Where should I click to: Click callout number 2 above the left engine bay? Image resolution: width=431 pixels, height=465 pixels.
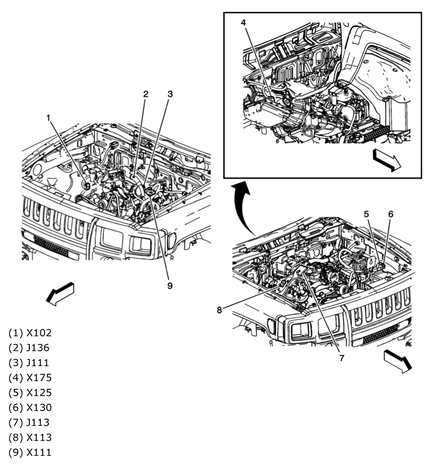pos(146,94)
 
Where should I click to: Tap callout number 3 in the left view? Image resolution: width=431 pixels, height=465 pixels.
pos(169,94)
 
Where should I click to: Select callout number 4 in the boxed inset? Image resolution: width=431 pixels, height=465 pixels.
pos(243,22)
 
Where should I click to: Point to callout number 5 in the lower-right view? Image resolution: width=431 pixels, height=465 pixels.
pos(366,214)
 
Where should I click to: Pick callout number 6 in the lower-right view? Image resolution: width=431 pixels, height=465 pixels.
pos(390,214)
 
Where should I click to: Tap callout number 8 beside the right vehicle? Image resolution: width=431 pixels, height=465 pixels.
pos(219,310)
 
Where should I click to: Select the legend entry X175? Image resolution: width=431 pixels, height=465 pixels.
pos(30,377)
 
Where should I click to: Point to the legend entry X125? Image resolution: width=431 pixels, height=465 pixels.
pos(30,393)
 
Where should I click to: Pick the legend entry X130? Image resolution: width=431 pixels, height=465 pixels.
pos(30,408)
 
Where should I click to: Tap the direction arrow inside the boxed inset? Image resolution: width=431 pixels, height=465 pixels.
pos(387,160)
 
